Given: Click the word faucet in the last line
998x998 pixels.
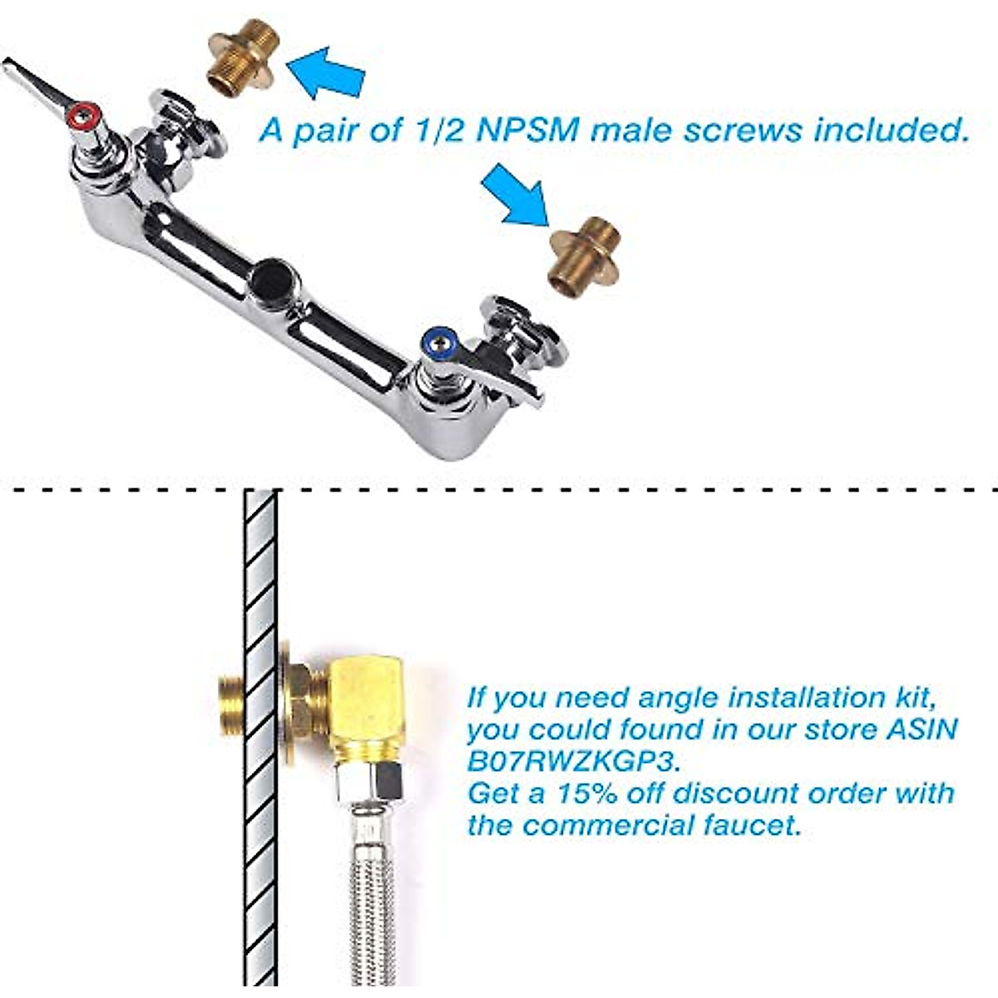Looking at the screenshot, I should tap(749, 825).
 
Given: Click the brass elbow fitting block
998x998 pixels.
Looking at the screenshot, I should tap(367, 707).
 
